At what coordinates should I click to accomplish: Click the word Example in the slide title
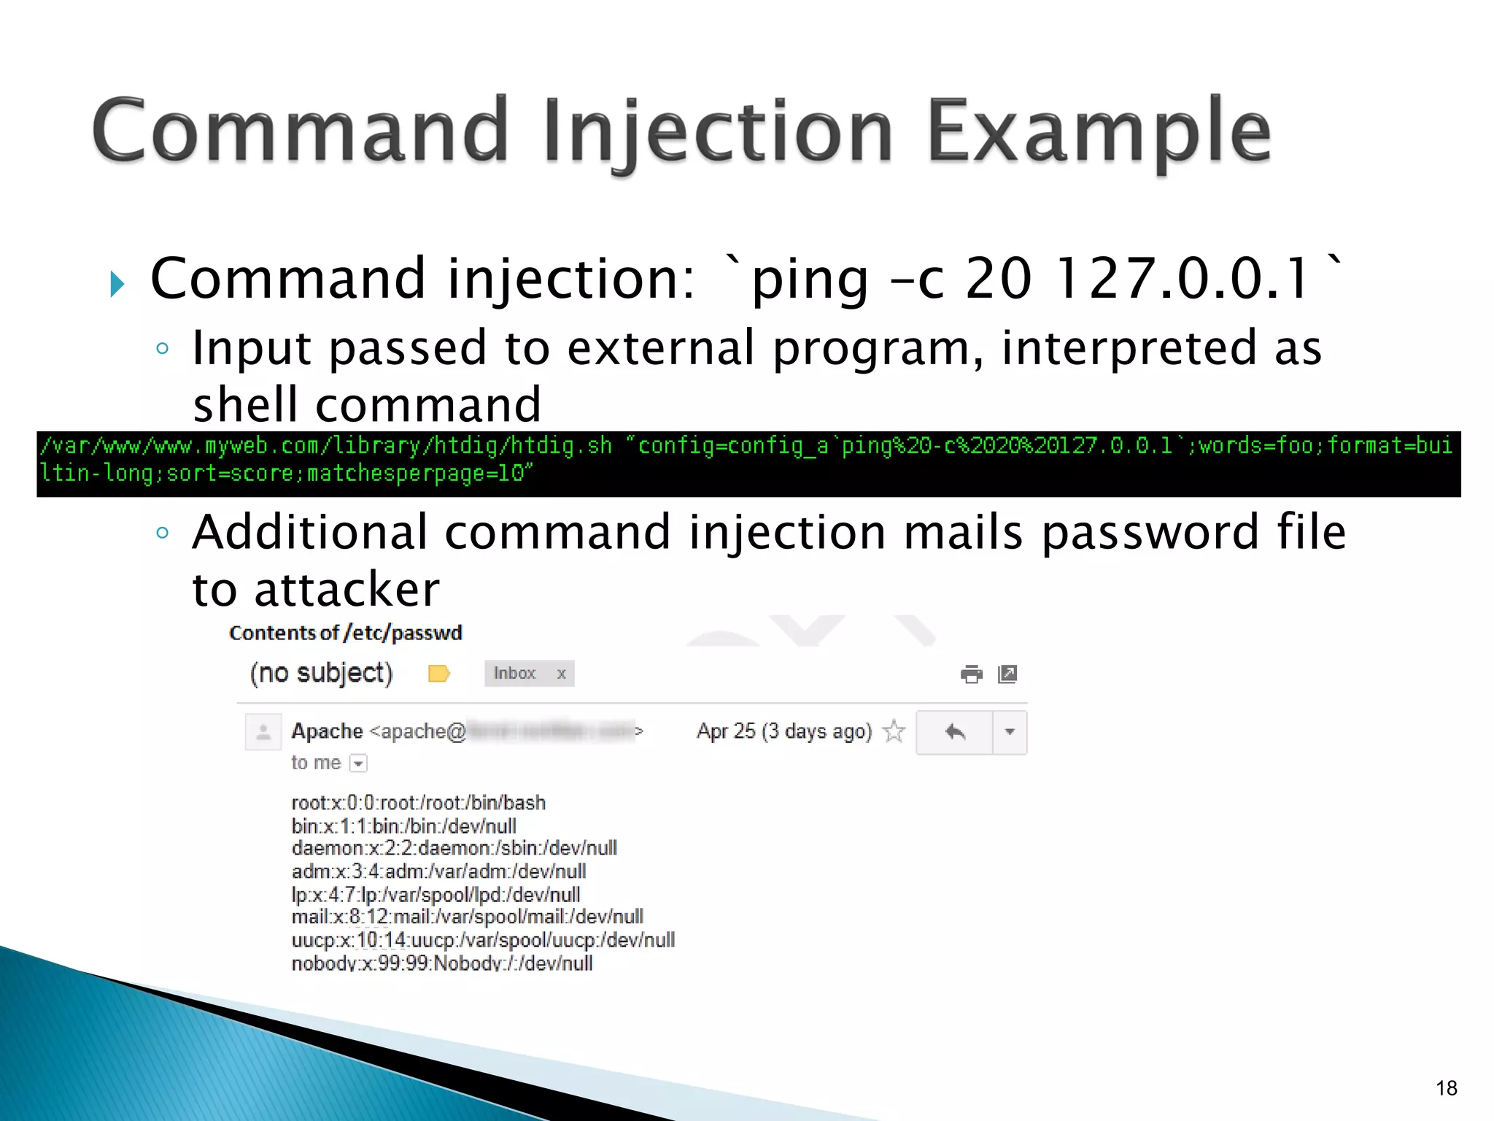[1099, 131]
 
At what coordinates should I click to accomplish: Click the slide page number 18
[1446, 1088]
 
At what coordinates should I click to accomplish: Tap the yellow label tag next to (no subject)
[438, 673]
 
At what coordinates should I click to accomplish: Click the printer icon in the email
[971, 674]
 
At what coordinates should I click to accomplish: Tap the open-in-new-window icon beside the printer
[1007, 674]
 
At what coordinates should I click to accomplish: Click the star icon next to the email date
[894, 731]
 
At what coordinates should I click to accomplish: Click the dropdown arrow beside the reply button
[1010, 731]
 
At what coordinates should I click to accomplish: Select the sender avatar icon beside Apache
[263, 731]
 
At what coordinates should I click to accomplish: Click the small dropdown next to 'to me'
[358, 763]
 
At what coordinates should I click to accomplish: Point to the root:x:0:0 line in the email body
[418, 803]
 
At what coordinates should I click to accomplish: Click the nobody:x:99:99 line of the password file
[441, 963]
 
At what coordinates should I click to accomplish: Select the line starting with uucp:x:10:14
[483, 940]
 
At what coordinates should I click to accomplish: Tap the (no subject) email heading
[321, 673]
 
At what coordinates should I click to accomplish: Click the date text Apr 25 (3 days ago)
[784, 731]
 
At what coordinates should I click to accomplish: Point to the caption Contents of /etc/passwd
[345, 633]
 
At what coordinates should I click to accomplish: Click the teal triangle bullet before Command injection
[117, 284]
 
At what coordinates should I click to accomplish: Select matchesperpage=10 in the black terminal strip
[416, 474]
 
